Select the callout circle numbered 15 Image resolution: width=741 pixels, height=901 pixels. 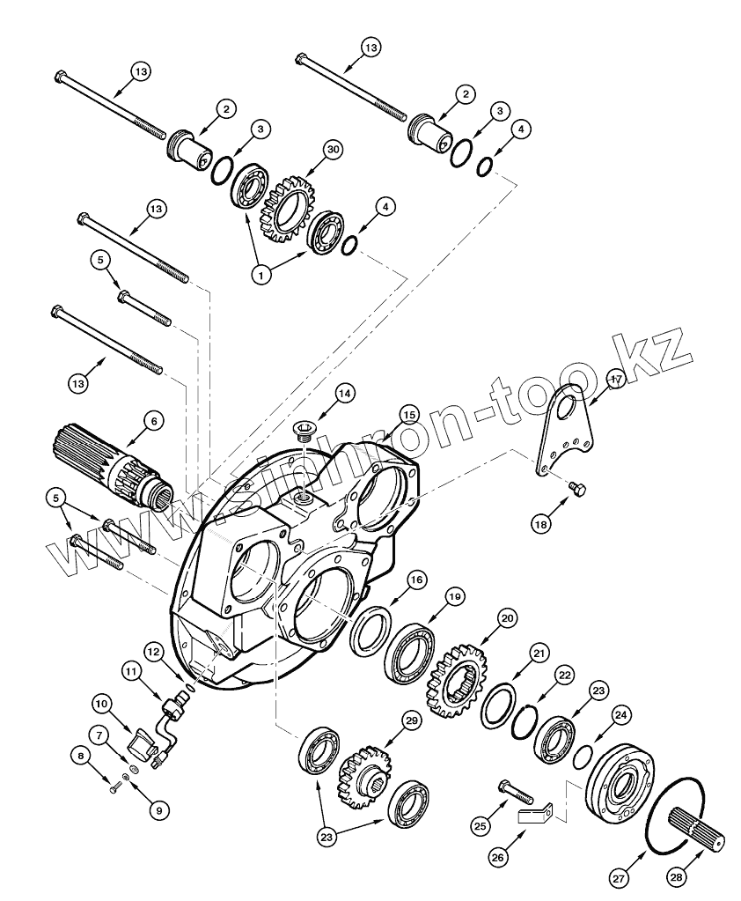(407, 414)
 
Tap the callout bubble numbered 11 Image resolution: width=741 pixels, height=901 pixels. (132, 672)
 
